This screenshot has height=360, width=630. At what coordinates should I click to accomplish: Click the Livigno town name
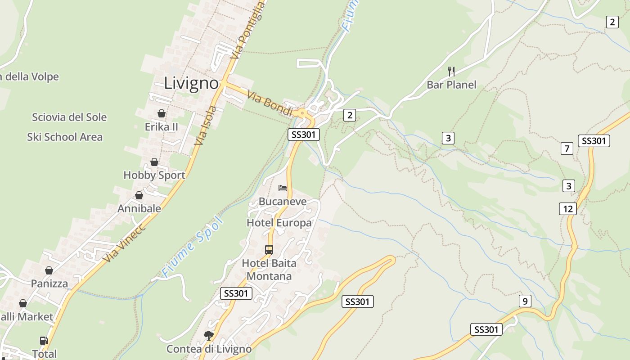pyautogui.click(x=191, y=83)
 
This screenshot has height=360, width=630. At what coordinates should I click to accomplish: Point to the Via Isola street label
pyautogui.click(x=206, y=126)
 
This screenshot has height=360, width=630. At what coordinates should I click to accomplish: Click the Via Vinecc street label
pyautogui.click(x=124, y=243)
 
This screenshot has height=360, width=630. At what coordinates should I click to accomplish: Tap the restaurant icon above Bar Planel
pyautogui.click(x=451, y=71)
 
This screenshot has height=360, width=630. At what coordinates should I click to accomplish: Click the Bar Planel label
pyautogui.click(x=451, y=85)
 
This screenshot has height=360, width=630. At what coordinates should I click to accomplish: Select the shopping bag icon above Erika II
pyautogui.click(x=162, y=113)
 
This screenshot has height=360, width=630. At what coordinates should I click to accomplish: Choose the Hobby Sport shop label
pyautogui.click(x=154, y=175)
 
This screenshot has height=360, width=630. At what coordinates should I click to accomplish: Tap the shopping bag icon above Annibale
pyautogui.click(x=139, y=195)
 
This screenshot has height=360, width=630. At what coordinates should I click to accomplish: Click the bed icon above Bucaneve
pyautogui.click(x=283, y=188)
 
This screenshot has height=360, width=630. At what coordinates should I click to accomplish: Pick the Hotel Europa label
pyautogui.click(x=279, y=223)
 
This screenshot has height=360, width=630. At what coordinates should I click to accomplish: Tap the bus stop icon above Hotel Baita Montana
pyautogui.click(x=269, y=249)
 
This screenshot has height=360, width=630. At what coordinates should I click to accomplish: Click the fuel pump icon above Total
pyautogui.click(x=44, y=341)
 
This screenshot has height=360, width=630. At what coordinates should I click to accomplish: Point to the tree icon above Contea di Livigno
pyautogui.click(x=208, y=335)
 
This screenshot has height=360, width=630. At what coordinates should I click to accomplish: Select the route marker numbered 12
pyautogui.click(x=568, y=209)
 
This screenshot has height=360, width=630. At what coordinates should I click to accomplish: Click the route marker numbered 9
pyautogui.click(x=525, y=301)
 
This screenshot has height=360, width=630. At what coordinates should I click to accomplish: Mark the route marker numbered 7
pyautogui.click(x=567, y=148)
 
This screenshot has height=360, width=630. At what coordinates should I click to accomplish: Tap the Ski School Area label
pyautogui.click(x=65, y=137)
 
